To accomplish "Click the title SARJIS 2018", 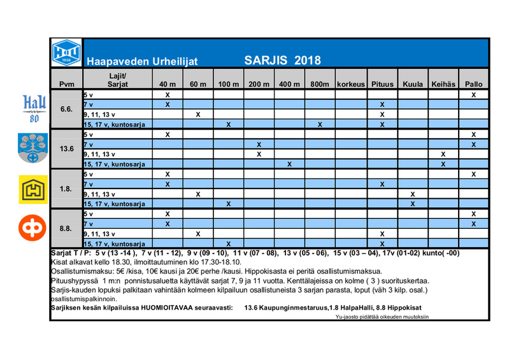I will coord(282,61).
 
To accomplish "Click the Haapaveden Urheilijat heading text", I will coord(142,62).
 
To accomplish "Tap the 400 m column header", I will coord(289,84).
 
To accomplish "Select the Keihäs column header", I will coord(443,84).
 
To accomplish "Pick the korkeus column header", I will coord(350,84).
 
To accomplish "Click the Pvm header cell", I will coord(66,84).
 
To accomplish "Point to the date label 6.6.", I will coord(66,109).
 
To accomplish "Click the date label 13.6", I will coord(66,148).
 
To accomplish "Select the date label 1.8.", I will coord(66,189).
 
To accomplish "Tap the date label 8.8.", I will coord(66,228).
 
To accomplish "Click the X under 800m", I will coord(320,124).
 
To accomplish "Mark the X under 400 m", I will coord(289,164).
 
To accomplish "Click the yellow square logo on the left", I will coord(31,189).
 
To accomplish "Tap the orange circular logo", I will coord(31,228).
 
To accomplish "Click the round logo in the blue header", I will coord(66,51).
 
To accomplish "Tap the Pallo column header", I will coord(473,84).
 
